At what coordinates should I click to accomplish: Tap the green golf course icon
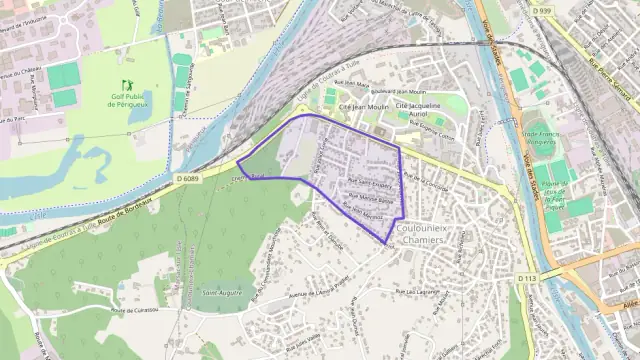coord(127,85)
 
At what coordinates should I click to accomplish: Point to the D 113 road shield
coord(528,277)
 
